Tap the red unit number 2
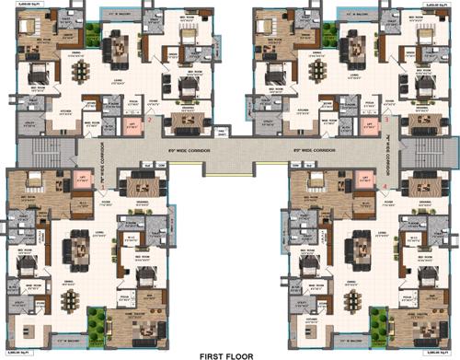point(150,120)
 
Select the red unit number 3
point(387,120)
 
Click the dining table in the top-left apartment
point(81,70)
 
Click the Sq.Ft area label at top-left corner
point(16,6)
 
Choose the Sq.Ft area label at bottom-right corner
point(443,354)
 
